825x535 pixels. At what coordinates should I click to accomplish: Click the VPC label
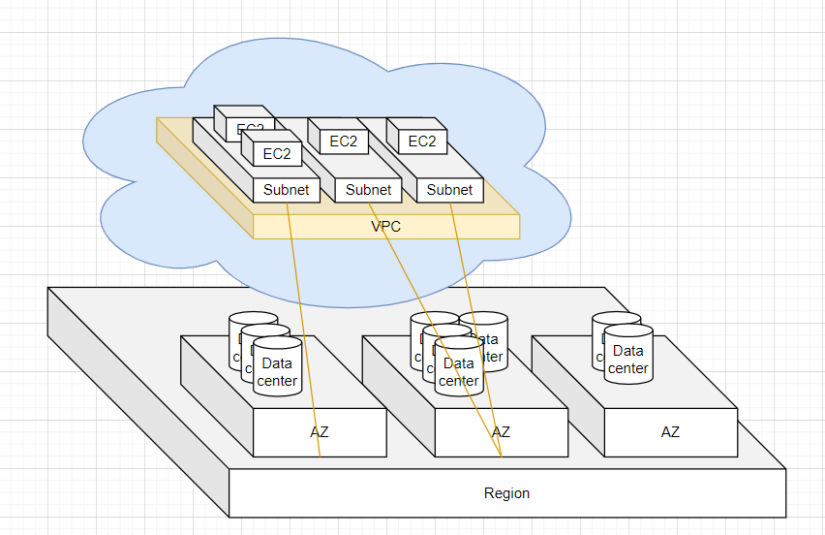(x=385, y=227)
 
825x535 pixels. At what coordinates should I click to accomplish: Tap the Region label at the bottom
(x=506, y=493)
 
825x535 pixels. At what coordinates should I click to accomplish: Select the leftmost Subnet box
(x=286, y=190)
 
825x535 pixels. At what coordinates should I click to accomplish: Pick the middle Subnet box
(x=369, y=190)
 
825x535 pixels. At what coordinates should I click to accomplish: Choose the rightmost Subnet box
(x=450, y=190)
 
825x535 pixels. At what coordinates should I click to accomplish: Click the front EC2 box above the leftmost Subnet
(x=277, y=152)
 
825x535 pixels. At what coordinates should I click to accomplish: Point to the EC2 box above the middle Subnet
(x=343, y=142)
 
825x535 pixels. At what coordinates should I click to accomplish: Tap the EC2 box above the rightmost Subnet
(x=422, y=142)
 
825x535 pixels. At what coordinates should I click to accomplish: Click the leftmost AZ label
(x=320, y=431)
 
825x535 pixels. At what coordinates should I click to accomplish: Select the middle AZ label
(x=501, y=431)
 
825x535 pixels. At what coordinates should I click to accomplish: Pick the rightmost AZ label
(x=670, y=431)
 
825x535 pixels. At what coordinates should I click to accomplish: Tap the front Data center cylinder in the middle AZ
(x=459, y=370)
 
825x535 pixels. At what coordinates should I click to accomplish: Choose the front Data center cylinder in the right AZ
(x=627, y=359)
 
